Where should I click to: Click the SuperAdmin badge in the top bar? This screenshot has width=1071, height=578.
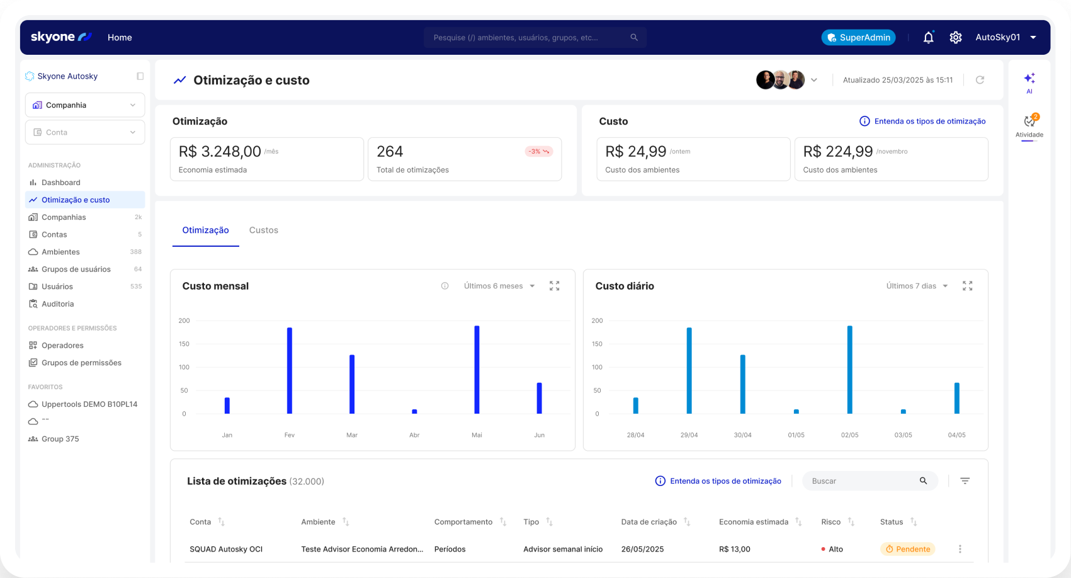click(858, 38)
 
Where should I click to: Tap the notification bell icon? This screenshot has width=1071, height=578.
click(928, 38)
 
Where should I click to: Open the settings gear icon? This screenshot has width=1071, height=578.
click(955, 38)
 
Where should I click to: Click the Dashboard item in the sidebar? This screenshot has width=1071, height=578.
click(60, 183)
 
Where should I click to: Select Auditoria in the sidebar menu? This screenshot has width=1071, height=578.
click(57, 304)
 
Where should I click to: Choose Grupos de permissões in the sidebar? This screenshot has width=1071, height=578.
click(81, 363)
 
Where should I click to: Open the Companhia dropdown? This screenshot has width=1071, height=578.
click(85, 105)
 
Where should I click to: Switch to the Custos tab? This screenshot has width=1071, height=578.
click(263, 230)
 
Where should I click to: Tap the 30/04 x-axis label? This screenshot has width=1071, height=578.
click(742, 435)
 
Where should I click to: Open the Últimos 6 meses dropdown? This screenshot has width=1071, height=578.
click(499, 286)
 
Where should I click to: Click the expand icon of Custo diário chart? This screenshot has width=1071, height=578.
click(967, 286)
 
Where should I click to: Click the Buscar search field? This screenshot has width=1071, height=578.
click(863, 481)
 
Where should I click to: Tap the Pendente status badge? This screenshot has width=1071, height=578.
click(907, 549)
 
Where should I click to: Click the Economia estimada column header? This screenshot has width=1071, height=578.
click(754, 522)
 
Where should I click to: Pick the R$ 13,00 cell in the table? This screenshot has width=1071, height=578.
click(734, 549)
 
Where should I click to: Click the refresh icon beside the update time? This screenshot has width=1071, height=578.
click(980, 80)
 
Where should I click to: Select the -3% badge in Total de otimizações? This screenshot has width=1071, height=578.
click(538, 152)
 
